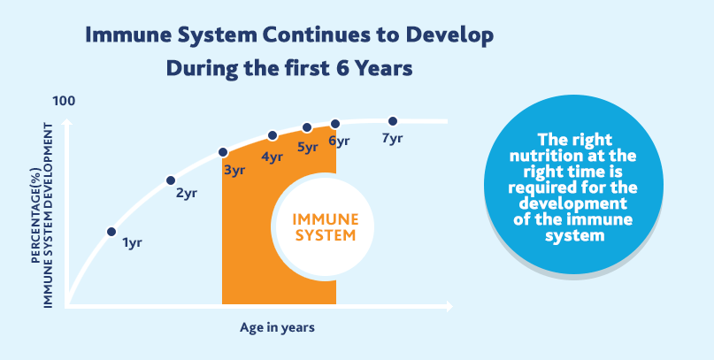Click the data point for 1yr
111,232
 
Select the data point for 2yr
171,180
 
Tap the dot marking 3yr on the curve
223,152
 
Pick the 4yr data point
273,136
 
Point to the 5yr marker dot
307,128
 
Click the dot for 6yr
335,125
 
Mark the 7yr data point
393,121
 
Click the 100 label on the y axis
65,102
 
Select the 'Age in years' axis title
277,327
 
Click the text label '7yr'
392,139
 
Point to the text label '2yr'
186,194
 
